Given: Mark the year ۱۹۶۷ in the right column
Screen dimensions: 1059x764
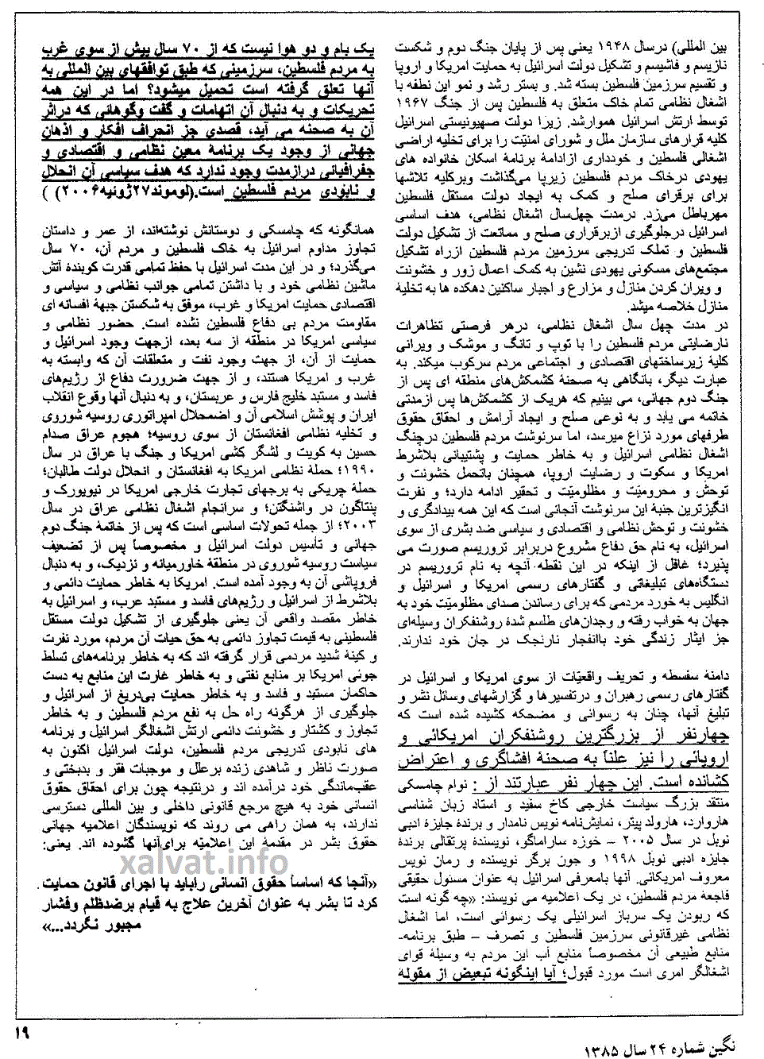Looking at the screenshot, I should [413, 102].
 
